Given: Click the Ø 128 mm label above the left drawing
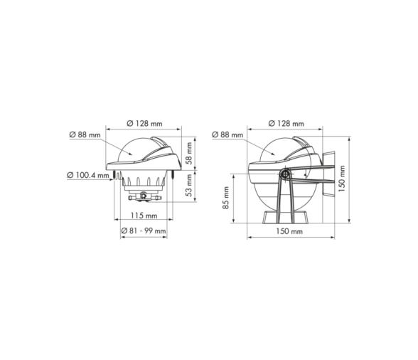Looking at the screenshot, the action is (144, 124).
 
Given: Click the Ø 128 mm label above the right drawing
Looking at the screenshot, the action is (286, 124).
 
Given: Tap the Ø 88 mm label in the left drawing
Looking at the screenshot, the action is (85, 134).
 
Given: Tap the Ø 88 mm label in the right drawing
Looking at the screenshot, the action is (227, 134).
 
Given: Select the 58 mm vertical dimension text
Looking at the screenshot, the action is (188, 153).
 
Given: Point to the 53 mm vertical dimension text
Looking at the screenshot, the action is (188, 185).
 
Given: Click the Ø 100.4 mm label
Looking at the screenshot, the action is (88, 175).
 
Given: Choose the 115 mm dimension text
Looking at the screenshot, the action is (144, 216).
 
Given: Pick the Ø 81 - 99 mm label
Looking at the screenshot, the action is (144, 231).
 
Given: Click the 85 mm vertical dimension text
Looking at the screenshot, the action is (225, 198).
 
